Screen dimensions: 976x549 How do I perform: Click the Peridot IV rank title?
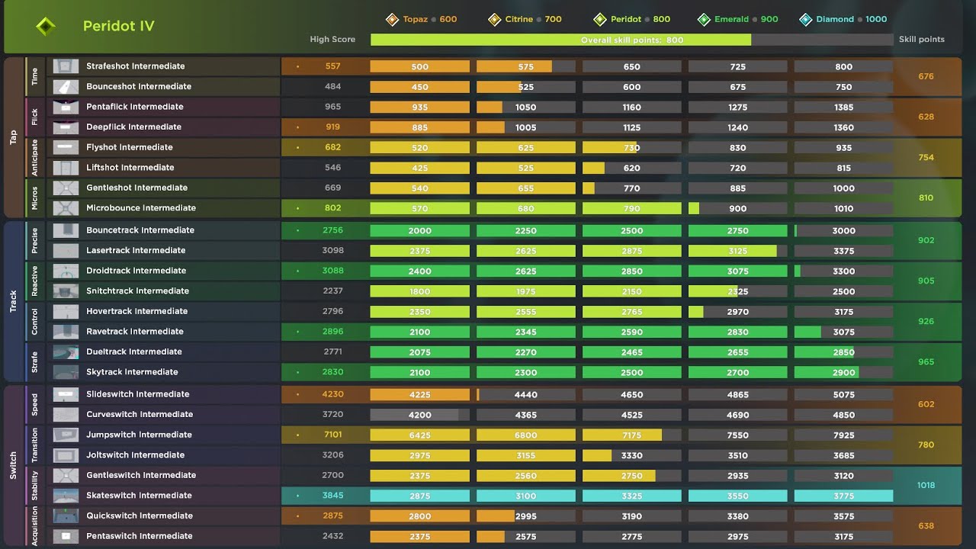click(118, 26)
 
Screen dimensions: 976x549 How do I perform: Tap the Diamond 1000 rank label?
click(843, 19)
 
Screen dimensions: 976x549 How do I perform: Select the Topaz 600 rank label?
click(422, 19)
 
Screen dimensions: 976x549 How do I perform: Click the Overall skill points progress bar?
click(632, 40)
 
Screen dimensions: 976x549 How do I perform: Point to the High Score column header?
click(332, 39)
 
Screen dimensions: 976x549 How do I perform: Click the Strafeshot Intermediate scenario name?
click(136, 66)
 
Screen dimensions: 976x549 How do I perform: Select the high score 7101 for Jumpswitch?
click(333, 435)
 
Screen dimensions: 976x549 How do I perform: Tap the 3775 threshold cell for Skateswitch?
click(843, 496)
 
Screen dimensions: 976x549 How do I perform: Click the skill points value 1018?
click(926, 486)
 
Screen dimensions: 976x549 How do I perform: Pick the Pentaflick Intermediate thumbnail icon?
click(66, 108)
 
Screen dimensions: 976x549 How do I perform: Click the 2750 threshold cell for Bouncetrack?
click(737, 231)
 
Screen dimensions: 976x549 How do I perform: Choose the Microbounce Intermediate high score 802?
click(333, 208)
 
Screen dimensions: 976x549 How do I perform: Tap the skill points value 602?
click(926, 404)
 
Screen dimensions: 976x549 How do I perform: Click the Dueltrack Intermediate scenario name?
click(133, 352)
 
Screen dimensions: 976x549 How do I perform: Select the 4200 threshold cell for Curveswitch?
click(419, 415)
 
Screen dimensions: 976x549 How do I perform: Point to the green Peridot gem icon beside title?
click(46, 26)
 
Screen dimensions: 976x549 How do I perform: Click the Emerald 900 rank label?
click(737, 19)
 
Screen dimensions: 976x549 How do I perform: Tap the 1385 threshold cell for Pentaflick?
click(843, 108)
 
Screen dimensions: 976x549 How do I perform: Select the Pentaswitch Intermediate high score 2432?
click(333, 536)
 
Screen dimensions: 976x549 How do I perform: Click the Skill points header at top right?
click(922, 39)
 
